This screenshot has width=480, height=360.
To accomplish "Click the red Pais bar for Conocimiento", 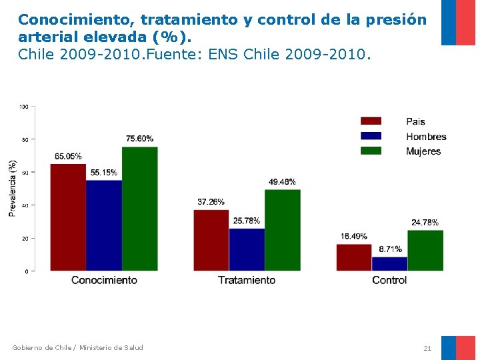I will [x=68, y=217].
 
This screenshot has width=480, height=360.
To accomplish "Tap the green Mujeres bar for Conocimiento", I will [x=140, y=209].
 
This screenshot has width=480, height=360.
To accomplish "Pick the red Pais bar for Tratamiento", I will [x=211, y=240].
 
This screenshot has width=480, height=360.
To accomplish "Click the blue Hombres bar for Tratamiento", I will [x=247, y=249].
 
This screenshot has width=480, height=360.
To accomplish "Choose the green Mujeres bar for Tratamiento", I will [x=283, y=230].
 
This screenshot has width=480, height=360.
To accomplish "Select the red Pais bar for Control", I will [x=353, y=257].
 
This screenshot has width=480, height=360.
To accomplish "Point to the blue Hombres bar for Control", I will [x=389, y=263].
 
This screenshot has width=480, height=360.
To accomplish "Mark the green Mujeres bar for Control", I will [x=425, y=250].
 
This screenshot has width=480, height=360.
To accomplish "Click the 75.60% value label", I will [x=139, y=139].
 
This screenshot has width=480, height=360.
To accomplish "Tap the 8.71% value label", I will [x=390, y=249].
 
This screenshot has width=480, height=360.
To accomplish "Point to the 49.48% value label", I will [x=282, y=182].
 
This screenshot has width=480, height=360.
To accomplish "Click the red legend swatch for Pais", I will [x=371, y=121].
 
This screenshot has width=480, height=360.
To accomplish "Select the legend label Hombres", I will [x=426, y=137].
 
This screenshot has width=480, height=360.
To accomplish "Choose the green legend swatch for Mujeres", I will [x=371, y=151].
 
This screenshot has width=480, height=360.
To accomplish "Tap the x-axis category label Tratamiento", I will [x=247, y=280].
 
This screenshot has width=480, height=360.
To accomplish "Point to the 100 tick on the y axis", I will [x=24, y=107].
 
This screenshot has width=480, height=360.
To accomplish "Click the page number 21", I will [x=427, y=348].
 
